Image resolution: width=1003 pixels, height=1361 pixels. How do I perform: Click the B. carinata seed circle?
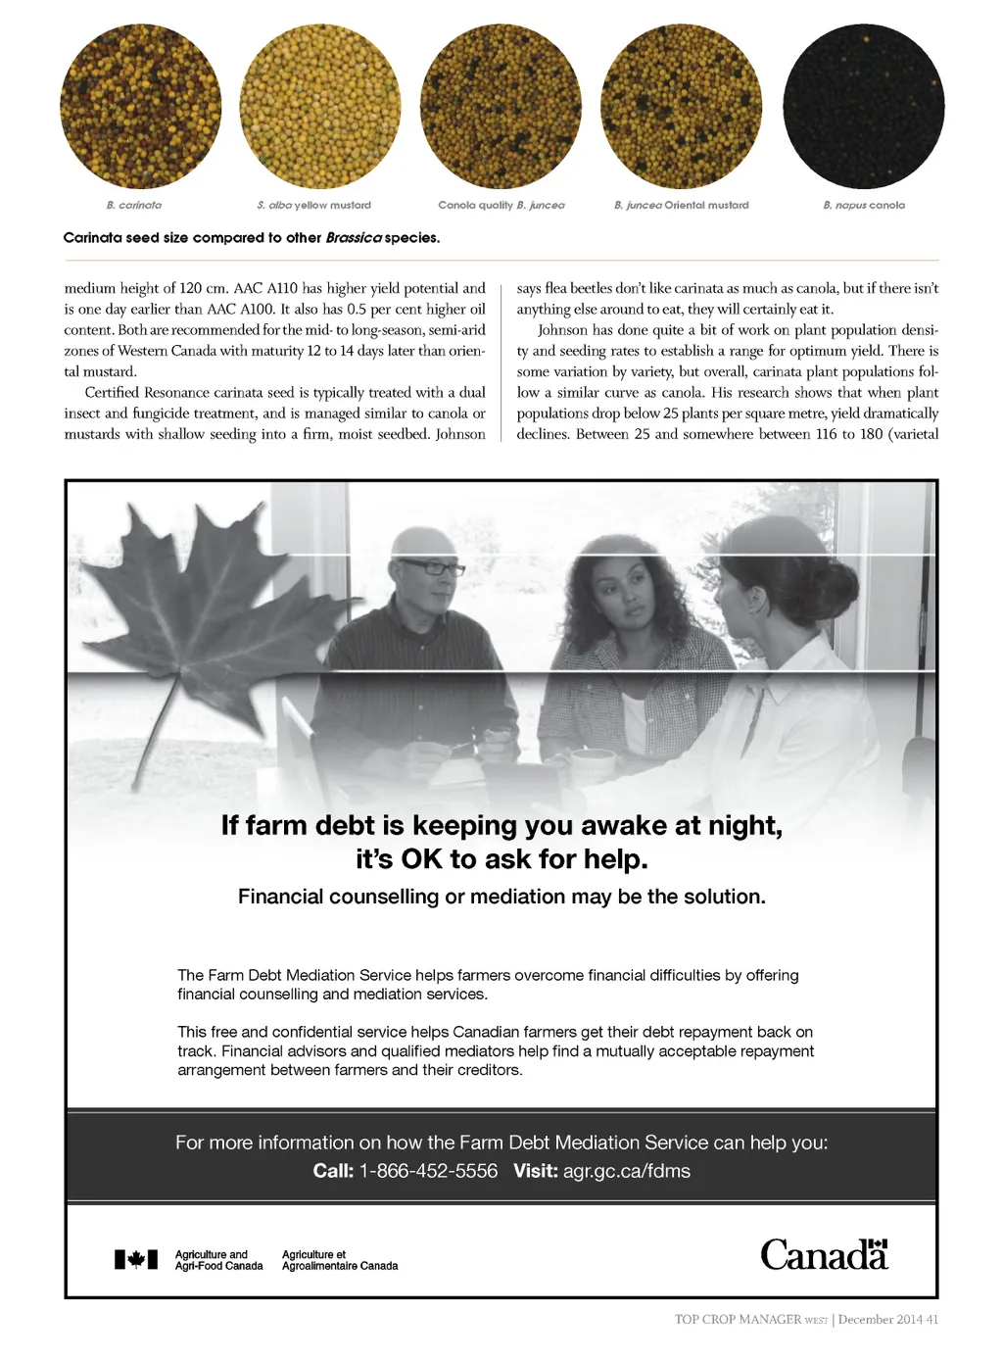(x=140, y=106)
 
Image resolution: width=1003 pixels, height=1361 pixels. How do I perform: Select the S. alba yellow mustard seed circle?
(x=320, y=106)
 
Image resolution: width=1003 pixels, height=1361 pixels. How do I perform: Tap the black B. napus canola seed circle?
(x=864, y=106)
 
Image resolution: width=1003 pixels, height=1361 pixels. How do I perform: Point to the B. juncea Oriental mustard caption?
(x=681, y=206)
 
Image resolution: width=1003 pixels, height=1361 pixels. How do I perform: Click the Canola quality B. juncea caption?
(x=501, y=206)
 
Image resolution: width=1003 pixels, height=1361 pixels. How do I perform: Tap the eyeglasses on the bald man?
(x=431, y=567)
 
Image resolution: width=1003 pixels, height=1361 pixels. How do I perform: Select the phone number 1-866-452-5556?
(x=428, y=1171)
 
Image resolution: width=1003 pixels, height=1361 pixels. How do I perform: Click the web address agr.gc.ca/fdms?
(x=626, y=1171)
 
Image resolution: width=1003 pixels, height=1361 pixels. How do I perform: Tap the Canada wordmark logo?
(x=824, y=1255)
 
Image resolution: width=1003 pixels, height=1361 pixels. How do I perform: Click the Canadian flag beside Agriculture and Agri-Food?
(x=135, y=1259)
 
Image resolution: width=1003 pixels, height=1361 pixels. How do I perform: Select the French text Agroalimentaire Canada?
(x=339, y=1266)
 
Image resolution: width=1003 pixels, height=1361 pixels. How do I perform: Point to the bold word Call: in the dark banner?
(x=333, y=1171)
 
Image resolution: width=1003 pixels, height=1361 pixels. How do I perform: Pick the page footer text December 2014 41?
(x=887, y=1320)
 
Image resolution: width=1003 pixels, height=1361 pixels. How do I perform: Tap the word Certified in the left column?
(x=112, y=393)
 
